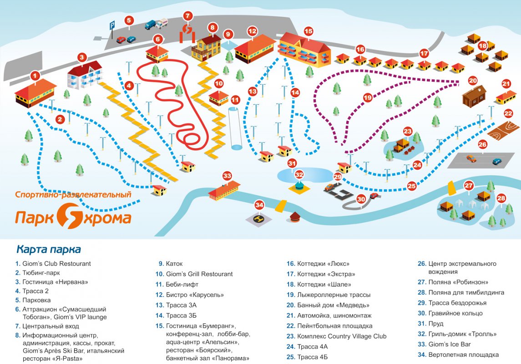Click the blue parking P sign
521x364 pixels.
112,25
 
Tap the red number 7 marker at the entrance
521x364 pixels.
188,16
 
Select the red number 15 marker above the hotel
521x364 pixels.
309,31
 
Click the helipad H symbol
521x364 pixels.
258,218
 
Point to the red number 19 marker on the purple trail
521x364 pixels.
368,98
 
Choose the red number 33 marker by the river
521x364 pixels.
227,176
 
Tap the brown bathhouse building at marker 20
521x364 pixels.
474,96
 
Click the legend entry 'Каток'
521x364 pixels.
174,264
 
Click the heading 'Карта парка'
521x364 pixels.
49,249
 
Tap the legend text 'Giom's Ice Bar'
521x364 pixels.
450,344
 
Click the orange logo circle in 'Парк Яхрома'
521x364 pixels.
70,216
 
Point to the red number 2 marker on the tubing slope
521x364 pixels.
60,119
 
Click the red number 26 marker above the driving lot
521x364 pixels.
482,145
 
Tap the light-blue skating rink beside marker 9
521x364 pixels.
228,45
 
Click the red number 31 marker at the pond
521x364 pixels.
292,163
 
